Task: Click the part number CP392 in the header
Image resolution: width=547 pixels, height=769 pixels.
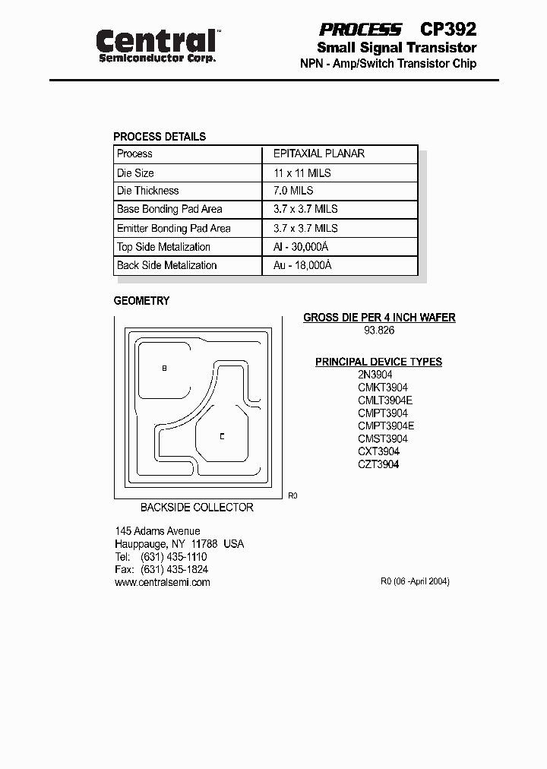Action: pyautogui.click(x=448, y=30)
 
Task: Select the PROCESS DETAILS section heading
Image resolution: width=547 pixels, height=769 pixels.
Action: pyautogui.click(x=160, y=137)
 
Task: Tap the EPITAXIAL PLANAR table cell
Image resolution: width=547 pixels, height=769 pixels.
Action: pyautogui.click(x=319, y=153)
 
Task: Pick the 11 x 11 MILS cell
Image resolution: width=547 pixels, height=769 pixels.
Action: pyautogui.click(x=302, y=172)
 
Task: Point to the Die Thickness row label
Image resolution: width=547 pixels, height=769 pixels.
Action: pyautogui.click(x=147, y=191)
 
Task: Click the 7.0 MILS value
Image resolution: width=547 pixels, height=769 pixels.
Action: pyautogui.click(x=293, y=191)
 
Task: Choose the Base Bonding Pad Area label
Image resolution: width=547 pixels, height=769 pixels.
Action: pyautogui.click(x=169, y=209)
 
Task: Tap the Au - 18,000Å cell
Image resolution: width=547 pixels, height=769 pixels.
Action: pyautogui.click(x=302, y=265)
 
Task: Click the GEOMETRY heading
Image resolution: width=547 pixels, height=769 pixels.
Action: pyautogui.click(x=141, y=301)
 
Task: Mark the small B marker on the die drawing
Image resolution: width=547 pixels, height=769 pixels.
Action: pyautogui.click(x=165, y=368)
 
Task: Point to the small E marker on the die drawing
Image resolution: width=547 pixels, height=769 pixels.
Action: pyautogui.click(x=222, y=436)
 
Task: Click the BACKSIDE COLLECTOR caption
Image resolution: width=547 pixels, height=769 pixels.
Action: pyautogui.click(x=197, y=508)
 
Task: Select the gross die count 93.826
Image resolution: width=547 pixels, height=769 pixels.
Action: pyautogui.click(x=379, y=331)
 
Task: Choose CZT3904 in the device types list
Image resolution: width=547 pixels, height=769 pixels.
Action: pyautogui.click(x=378, y=464)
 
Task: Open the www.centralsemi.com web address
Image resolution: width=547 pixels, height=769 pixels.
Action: pyautogui.click(x=162, y=583)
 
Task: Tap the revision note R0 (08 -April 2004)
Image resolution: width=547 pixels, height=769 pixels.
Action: pyautogui.click(x=415, y=581)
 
